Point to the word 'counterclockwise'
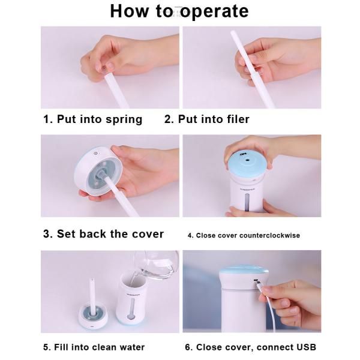(x=269, y=235)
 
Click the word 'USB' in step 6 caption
(x=306, y=347)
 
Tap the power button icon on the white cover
(x=95, y=153)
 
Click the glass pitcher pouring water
(x=156, y=264)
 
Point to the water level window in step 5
(x=132, y=309)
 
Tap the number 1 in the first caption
(x=46, y=119)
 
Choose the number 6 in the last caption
(x=188, y=347)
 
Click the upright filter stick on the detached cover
(x=93, y=296)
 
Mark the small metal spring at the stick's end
(x=104, y=68)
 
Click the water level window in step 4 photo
(x=247, y=202)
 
